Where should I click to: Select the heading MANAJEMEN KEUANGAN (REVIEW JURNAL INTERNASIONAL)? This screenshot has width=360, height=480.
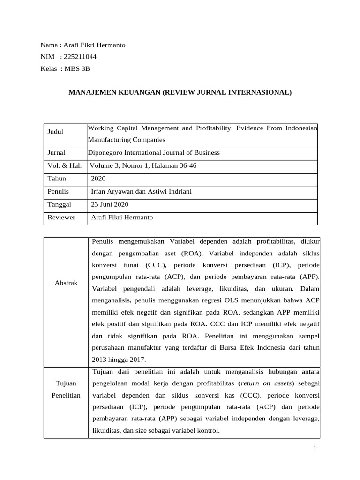pos(180,93)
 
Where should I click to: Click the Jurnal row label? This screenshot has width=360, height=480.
pos(56,153)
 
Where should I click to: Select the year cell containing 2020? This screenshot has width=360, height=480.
pos(98,179)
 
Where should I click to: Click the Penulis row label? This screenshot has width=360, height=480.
pos(58,192)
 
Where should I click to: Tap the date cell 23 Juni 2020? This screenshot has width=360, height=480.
pos(109,205)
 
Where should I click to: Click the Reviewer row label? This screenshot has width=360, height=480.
pos(61,217)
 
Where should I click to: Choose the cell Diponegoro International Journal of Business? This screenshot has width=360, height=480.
pos(154,153)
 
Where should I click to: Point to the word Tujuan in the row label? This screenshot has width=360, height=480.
pos(66,383)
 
